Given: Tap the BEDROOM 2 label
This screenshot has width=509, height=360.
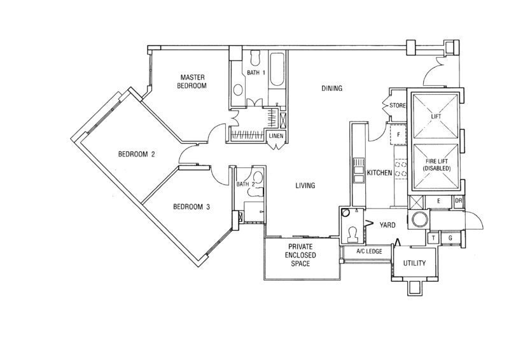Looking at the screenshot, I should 137,153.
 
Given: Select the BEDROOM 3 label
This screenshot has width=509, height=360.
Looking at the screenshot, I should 192,206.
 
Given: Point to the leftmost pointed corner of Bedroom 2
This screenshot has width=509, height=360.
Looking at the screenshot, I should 73,141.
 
